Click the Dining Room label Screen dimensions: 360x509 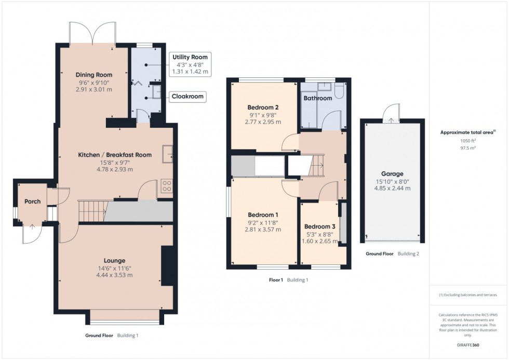[94, 75]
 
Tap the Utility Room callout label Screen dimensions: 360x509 [190, 57]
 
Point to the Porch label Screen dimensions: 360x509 [33, 202]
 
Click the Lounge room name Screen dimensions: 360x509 [114, 260]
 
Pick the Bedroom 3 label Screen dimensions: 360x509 [320, 226]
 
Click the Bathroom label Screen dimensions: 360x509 [317, 98]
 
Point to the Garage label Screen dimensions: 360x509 [392, 174]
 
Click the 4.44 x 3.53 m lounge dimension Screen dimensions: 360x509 [114, 275]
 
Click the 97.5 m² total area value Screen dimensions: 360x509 [468, 148]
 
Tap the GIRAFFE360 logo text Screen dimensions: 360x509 [468, 344]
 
